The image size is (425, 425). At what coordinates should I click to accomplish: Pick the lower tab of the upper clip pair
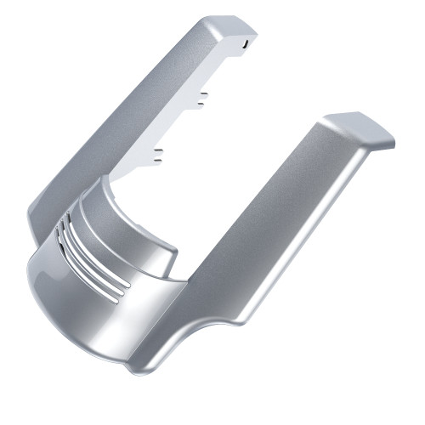(x=202, y=105)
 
